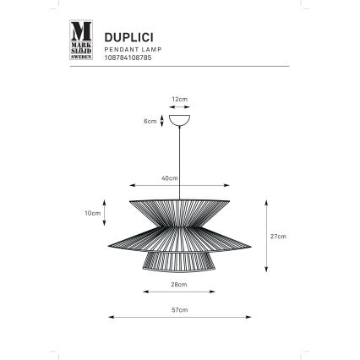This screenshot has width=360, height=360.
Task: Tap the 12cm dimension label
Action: (x=179, y=99)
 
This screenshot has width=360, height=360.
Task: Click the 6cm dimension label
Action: (x=150, y=122)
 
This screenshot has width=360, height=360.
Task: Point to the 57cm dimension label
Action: (x=179, y=310)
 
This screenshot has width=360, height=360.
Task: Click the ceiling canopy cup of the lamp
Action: (x=179, y=120)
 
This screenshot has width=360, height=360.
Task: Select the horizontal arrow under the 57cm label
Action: (x=179, y=319)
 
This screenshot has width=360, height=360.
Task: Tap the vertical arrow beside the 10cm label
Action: (x=105, y=214)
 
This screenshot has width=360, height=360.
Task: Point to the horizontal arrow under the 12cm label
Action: (x=179, y=106)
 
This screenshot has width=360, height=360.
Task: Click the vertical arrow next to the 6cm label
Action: (x=161, y=121)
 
